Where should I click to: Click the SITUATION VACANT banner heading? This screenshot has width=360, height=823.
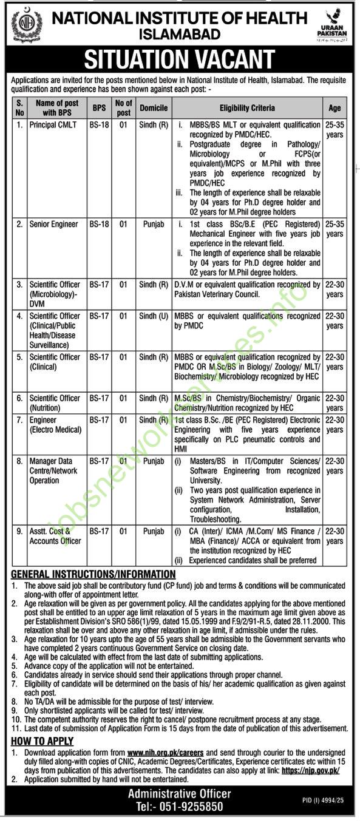click(180, 59)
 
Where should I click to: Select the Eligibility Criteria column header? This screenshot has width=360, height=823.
click(246, 107)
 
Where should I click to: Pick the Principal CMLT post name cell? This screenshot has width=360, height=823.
click(52, 125)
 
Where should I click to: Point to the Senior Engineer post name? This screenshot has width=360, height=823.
click(54, 225)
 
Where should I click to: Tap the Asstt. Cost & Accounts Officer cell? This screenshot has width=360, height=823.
click(55, 536)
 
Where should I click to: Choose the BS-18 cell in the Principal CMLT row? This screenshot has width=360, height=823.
click(99, 125)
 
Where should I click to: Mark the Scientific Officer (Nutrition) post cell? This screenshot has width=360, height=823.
click(55, 403)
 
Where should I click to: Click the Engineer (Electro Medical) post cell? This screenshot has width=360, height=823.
click(55, 425)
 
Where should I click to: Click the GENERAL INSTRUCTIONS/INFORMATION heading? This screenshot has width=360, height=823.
click(93, 574)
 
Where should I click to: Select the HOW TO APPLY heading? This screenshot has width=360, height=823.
click(42, 741)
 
